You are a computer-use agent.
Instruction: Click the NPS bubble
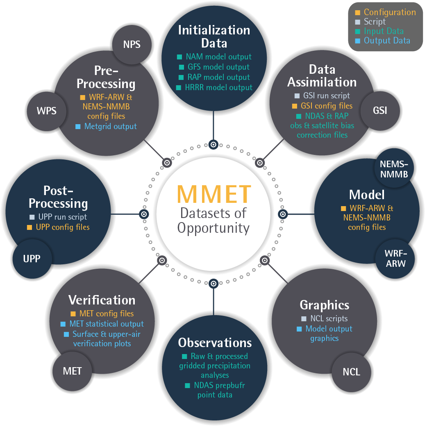click(x=132, y=44)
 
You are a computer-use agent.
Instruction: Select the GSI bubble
click(x=380, y=110)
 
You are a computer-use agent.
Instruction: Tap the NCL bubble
click(x=351, y=372)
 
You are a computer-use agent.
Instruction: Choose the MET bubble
click(x=72, y=371)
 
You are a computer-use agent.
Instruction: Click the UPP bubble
click(x=32, y=259)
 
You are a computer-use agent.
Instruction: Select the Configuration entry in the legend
click(x=389, y=12)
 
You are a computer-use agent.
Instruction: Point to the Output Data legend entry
click(x=386, y=40)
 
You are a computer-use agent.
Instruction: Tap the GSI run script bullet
click(x=326, y=96)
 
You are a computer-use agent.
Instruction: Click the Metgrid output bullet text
click(x=110, y=126)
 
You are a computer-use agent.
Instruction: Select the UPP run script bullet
click(x=62, y=217)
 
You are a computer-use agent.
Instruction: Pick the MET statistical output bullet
click(x=106, y=324)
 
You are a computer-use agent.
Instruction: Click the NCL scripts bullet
click(x=328, y=318)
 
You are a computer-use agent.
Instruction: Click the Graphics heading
click(x=325, y=305)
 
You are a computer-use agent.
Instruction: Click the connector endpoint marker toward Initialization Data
click(x=213, y=144)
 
